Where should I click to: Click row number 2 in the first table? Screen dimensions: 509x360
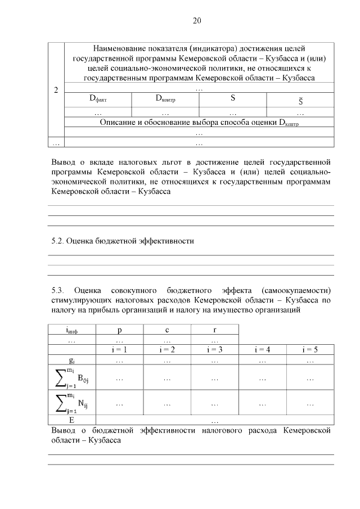[x=56, y=89]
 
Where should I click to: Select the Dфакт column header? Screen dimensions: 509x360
[x=98, y=98]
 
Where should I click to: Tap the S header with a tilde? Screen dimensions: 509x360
[x=301, y=100]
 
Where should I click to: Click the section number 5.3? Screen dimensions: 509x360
[x=58, y=290]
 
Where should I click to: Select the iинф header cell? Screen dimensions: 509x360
[x=71, y=331]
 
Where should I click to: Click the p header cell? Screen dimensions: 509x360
[x=119, y=330]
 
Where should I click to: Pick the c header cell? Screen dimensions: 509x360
[x=167, y=330]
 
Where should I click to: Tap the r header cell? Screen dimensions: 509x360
[x=215, y=330]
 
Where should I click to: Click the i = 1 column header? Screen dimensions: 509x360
[x=119, y=350]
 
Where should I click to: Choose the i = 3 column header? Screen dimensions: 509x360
[x=215, y=350]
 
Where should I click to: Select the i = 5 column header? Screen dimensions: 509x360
[x=310, y=350]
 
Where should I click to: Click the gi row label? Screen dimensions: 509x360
[x=71, y=360]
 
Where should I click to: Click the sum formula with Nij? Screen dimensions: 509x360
[x=71, y=403]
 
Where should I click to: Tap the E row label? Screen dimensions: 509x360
[x=71, y=420]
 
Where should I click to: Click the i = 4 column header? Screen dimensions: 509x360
[x=262, y=350]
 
